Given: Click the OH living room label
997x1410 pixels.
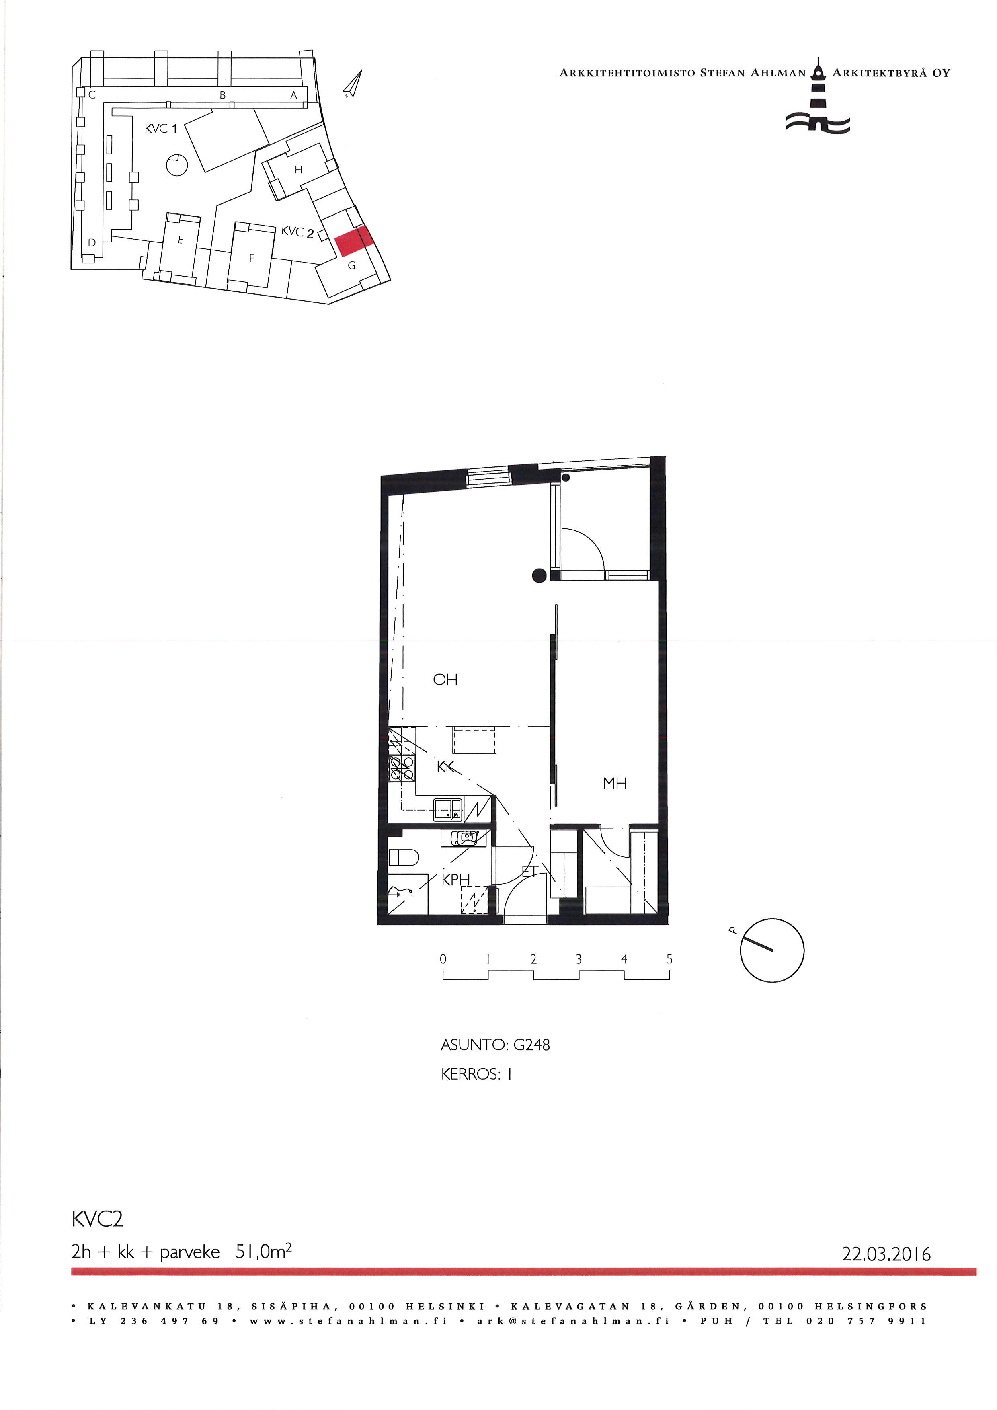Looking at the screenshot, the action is click(445, 680).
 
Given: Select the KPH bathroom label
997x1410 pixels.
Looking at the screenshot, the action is click(455, 880).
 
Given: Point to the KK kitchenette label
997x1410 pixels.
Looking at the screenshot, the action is click(446, 768).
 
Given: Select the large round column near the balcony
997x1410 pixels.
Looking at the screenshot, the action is click(539, 575).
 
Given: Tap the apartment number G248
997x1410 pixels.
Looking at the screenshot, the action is click(531, 1045).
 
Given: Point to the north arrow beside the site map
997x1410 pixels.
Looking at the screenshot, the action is click(353, 84).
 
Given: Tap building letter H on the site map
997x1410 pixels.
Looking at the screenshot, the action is click(298, 170).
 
